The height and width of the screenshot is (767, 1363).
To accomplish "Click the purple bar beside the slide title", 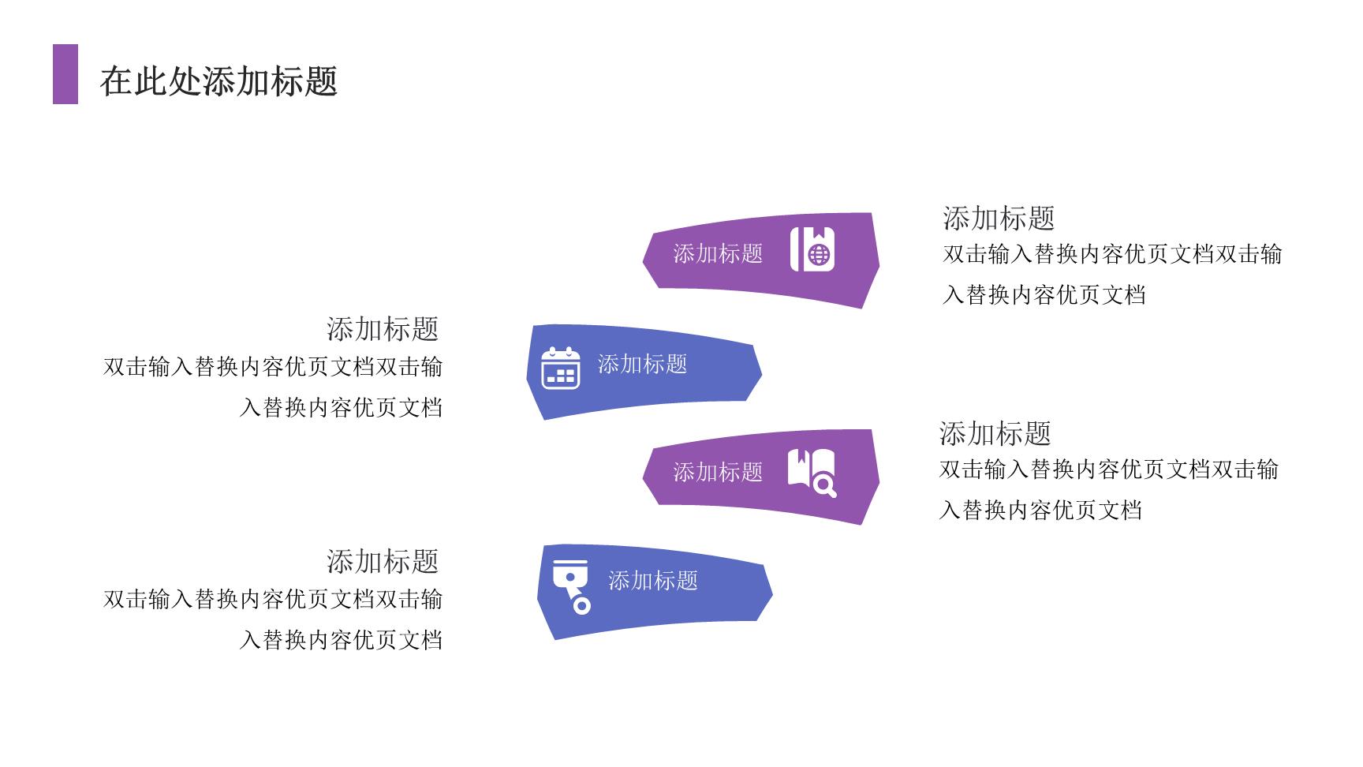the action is point(65,74).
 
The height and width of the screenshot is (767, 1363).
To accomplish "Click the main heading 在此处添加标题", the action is point(219,81).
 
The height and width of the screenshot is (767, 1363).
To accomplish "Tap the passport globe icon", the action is point(812,249).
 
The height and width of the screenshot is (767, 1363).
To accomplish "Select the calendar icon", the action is point(561,368).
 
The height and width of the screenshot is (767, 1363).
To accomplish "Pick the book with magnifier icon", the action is point(812,473).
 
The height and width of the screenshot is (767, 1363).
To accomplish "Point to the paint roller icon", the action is point(572,586).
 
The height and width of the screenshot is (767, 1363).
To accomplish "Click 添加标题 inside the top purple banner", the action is point(718,253).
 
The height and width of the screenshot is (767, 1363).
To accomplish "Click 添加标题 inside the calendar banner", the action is point(642,364).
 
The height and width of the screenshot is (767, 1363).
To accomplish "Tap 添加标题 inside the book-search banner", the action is point(718,472).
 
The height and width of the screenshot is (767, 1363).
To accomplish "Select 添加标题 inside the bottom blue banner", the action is point(653,581).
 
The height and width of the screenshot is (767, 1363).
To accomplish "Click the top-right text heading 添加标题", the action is point(999,218).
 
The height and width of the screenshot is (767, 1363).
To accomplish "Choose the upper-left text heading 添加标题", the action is point(383,329).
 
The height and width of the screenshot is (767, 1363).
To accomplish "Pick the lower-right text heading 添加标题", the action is point(995,433).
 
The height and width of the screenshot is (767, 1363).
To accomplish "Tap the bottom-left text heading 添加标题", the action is point(383,562).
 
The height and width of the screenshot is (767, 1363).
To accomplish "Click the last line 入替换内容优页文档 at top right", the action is point(1044,295).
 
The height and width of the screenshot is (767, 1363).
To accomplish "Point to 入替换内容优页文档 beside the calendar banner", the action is point(341,408).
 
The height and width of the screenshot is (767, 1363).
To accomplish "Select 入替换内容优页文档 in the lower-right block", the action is point(1040,511).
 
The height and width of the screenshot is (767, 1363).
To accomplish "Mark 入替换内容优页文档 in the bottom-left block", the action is point(341,640).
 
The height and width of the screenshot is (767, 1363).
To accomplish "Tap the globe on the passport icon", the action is point(820,255).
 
